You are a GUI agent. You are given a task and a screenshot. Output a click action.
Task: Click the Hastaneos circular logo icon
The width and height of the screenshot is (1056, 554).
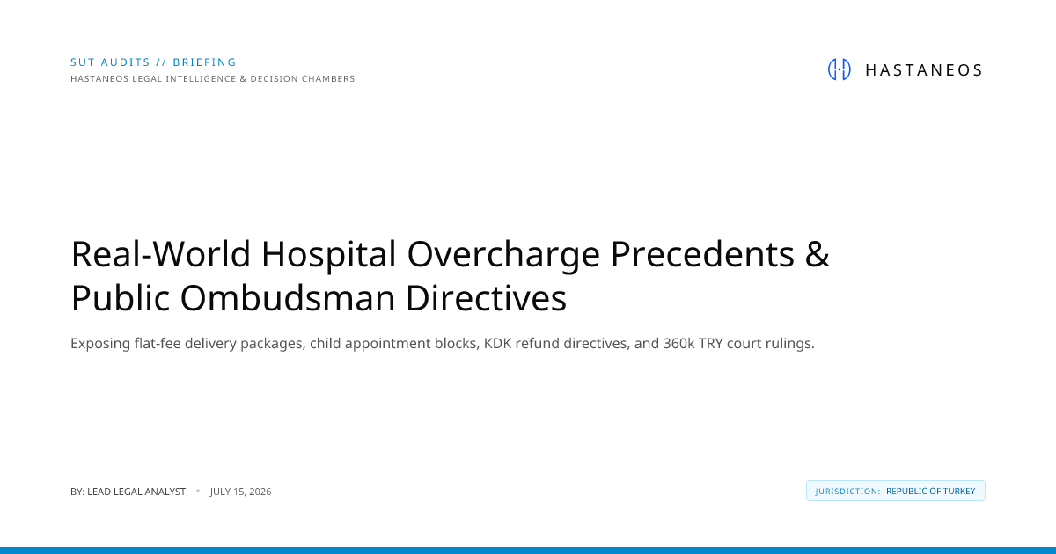tap(840, 69)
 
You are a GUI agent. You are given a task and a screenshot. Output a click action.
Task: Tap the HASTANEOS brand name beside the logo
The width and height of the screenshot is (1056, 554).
tap(924, 70)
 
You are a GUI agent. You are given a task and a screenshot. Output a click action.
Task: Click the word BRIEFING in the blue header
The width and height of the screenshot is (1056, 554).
tap(204, 62)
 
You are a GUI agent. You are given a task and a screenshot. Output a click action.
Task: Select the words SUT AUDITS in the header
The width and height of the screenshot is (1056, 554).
tap(110, 62)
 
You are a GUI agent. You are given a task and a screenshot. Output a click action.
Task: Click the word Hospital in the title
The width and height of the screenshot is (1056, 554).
tap(328, 255)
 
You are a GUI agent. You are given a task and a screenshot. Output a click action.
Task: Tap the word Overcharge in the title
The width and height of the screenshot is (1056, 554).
tap(503, 255)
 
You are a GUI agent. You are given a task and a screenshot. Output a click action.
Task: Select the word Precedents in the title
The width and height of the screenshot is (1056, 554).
tap(702, 254)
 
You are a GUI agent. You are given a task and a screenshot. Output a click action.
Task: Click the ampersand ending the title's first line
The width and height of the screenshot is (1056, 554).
tap(817, 254)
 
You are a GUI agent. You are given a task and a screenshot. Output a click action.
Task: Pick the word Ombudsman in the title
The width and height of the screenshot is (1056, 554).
tap(288, 298)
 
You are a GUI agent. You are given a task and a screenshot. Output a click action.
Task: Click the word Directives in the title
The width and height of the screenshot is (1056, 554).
tap(486, 298)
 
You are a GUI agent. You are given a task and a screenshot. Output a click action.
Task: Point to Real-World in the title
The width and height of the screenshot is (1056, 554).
tap(160, 254)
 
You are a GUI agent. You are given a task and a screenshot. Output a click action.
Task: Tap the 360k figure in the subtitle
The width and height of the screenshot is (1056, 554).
tap(678, 344)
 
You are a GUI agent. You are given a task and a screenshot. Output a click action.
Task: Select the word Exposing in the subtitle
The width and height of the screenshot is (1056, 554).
tap(100, 345)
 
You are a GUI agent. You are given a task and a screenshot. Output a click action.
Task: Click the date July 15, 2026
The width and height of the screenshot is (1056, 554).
tap(240, 492)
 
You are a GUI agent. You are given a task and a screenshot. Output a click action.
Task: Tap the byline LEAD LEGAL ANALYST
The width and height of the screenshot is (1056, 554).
tap(136, 492)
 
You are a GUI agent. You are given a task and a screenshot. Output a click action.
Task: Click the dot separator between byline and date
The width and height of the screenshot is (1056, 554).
tap(198, 491)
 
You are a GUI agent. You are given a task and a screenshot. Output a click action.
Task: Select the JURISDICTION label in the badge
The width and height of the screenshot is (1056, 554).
tap(847, 492)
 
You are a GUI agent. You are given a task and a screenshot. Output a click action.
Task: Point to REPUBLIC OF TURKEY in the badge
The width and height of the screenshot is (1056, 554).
tap(931, 492)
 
